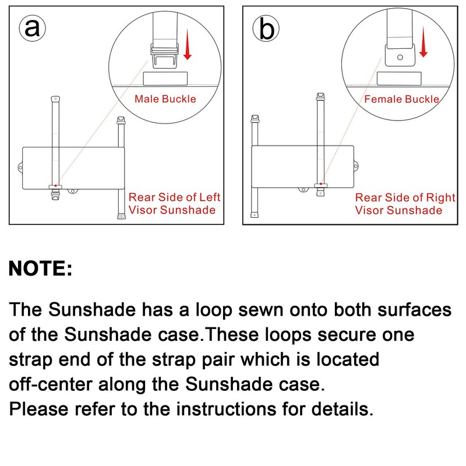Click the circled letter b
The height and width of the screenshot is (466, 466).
coord(266,29)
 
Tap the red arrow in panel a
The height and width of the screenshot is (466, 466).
coord(187,46)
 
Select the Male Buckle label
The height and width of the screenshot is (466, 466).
coord(165,98)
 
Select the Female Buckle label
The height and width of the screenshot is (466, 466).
coord(401,99)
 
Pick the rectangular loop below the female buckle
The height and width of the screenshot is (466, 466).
coord(399,79)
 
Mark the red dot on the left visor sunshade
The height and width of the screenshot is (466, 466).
coord(55,185)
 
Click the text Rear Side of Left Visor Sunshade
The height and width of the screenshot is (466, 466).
coord(174,203)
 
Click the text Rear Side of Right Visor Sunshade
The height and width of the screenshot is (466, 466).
coord(405,203)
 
